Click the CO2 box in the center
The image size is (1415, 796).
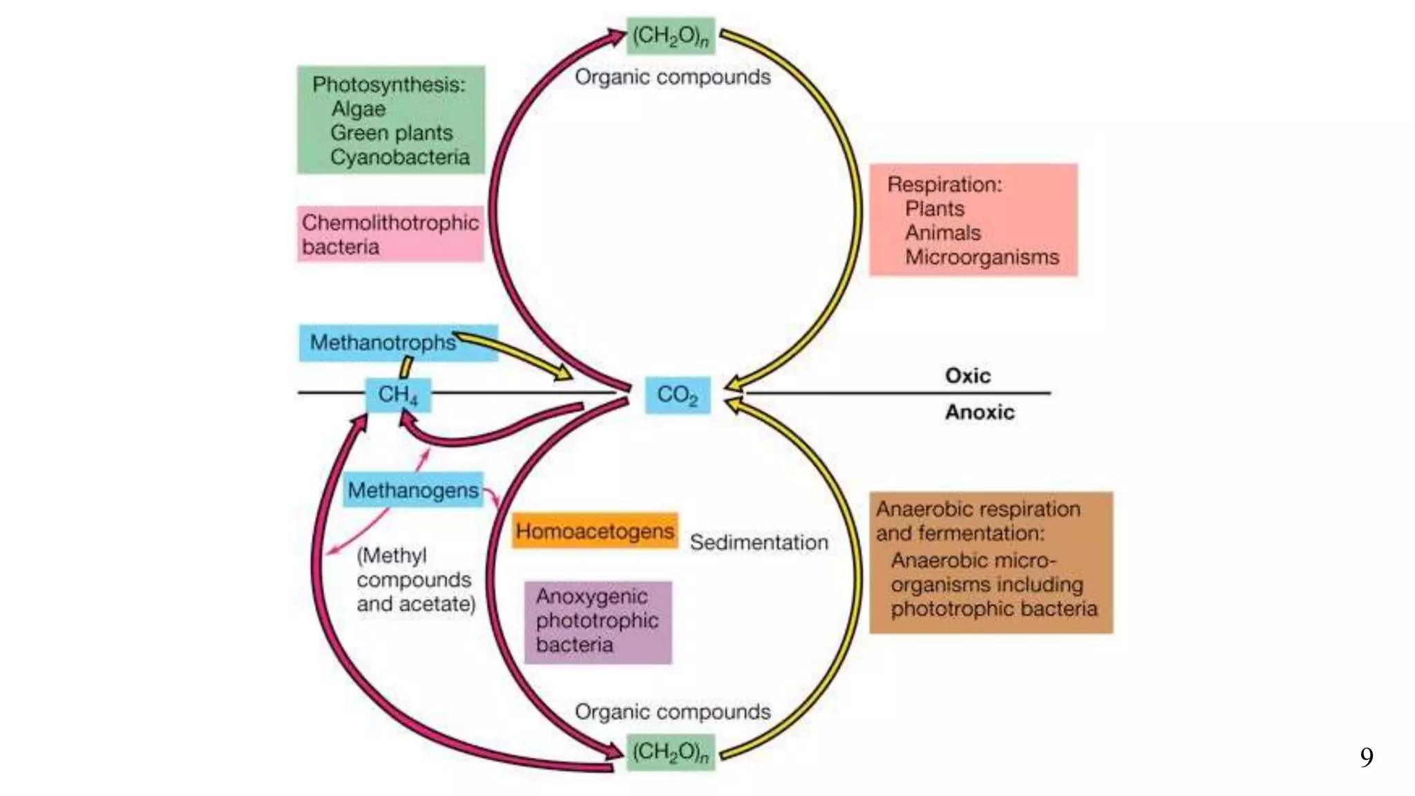click(677, 395)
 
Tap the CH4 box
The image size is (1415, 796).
click(397, 395)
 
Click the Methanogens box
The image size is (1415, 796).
click(412, 491)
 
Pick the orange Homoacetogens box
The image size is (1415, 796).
click(594, 531)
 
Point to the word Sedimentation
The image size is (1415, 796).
click(759, 542)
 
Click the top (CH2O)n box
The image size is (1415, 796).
click(670, 36)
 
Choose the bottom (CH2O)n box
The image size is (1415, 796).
click(670, 752)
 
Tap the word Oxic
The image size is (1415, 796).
click(967, 376)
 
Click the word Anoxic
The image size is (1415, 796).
click(980, 413)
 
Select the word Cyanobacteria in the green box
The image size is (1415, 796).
click(400, 158)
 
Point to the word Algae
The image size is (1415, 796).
click(358, 109)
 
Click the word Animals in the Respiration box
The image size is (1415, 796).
click(942, 233)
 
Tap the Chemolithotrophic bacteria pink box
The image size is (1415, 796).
click(390, 234)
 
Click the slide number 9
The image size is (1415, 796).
click(1366, 757)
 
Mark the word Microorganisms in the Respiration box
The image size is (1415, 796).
click(982, 257)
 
